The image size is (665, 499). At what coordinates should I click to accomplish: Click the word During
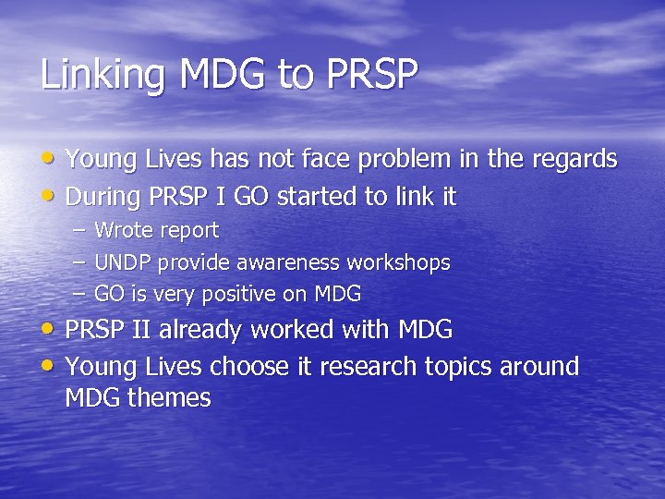(102, 197)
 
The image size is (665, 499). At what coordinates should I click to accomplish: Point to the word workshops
(399, 263)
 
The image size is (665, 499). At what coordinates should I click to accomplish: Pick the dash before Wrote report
(79, 230)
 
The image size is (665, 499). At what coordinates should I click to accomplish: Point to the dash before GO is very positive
(79, 295)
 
